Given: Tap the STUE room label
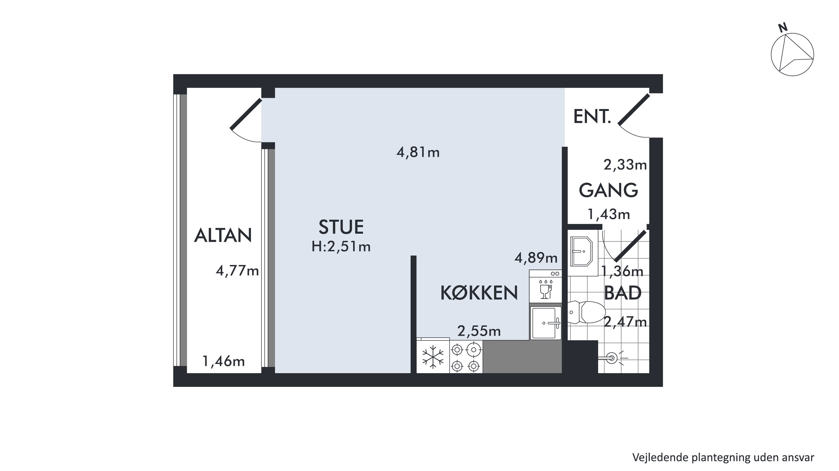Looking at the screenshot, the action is (x=341, y=227).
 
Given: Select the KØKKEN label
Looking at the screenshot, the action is (x=479, y=293).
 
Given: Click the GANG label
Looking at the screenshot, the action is (x=608, y=190).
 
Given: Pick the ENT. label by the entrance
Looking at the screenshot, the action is (x=591, y=117).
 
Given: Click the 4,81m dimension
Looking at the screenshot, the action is (x=418, y=152).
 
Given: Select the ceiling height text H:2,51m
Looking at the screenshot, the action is (x=341, y=247).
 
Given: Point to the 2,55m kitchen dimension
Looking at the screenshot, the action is (x=479, y=331).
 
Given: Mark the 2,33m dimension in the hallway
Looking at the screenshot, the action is (x=625, y=165).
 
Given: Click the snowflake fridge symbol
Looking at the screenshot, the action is (x=433, y=357).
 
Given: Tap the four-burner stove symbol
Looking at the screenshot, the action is (x=466, y=357).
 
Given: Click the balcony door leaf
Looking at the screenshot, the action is (x=246, y=114).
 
